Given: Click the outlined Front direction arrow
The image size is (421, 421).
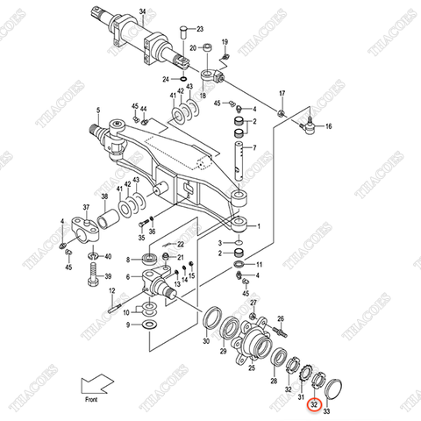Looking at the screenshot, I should [95, 384].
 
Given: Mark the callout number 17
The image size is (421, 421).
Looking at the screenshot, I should [282, 93].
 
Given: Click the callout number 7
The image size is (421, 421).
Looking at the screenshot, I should [253, 149].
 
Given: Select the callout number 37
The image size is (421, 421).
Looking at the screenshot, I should [86, 208].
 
